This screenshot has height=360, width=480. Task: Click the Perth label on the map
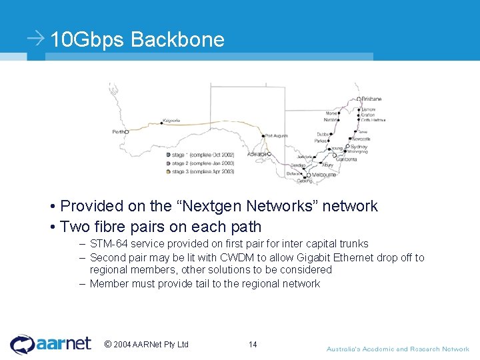[117, 132]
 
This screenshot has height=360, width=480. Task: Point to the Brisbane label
[371, 99]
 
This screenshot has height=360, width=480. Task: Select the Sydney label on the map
[359, 147]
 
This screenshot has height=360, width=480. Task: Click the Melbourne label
[324, 175]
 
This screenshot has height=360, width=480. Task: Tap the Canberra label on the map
[346, 159]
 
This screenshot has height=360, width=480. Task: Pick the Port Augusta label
[277, 136]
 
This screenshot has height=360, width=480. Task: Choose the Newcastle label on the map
[361, 139]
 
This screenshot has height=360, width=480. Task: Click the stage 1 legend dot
[168, 155]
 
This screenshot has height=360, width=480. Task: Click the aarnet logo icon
[22, 345]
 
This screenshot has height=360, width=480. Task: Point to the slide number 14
[253, 345]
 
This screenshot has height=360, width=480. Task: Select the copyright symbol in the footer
[108, 345]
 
